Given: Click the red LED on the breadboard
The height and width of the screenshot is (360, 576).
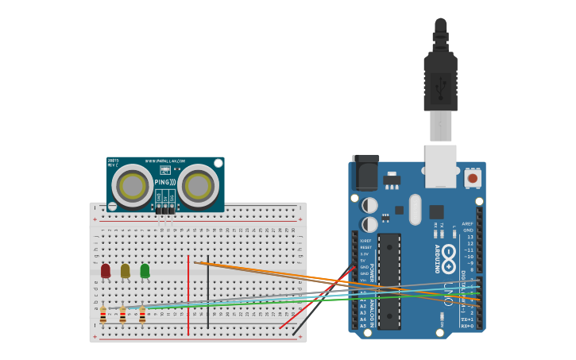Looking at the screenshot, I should point(106,271).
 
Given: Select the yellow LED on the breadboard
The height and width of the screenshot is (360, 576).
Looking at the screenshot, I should point(125,271).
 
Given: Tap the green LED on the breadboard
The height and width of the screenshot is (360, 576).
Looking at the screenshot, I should point(145,271).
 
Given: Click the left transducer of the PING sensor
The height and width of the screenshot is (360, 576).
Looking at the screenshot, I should point(132,187).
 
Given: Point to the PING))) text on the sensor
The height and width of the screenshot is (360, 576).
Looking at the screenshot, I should point(164,182).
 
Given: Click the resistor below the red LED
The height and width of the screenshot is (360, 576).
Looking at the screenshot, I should point(103,315).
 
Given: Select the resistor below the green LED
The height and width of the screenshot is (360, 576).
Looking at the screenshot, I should point(142,315).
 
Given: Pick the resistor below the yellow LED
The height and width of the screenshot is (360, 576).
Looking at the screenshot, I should point(122,315).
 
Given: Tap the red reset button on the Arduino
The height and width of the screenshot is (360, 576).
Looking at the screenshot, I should point(473,178).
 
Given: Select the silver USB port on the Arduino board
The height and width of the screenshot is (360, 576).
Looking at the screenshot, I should point(441,165).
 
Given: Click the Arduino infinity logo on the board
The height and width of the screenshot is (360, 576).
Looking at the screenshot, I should point(449,256).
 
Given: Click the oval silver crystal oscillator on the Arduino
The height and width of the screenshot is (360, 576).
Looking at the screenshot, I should point(415,209).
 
